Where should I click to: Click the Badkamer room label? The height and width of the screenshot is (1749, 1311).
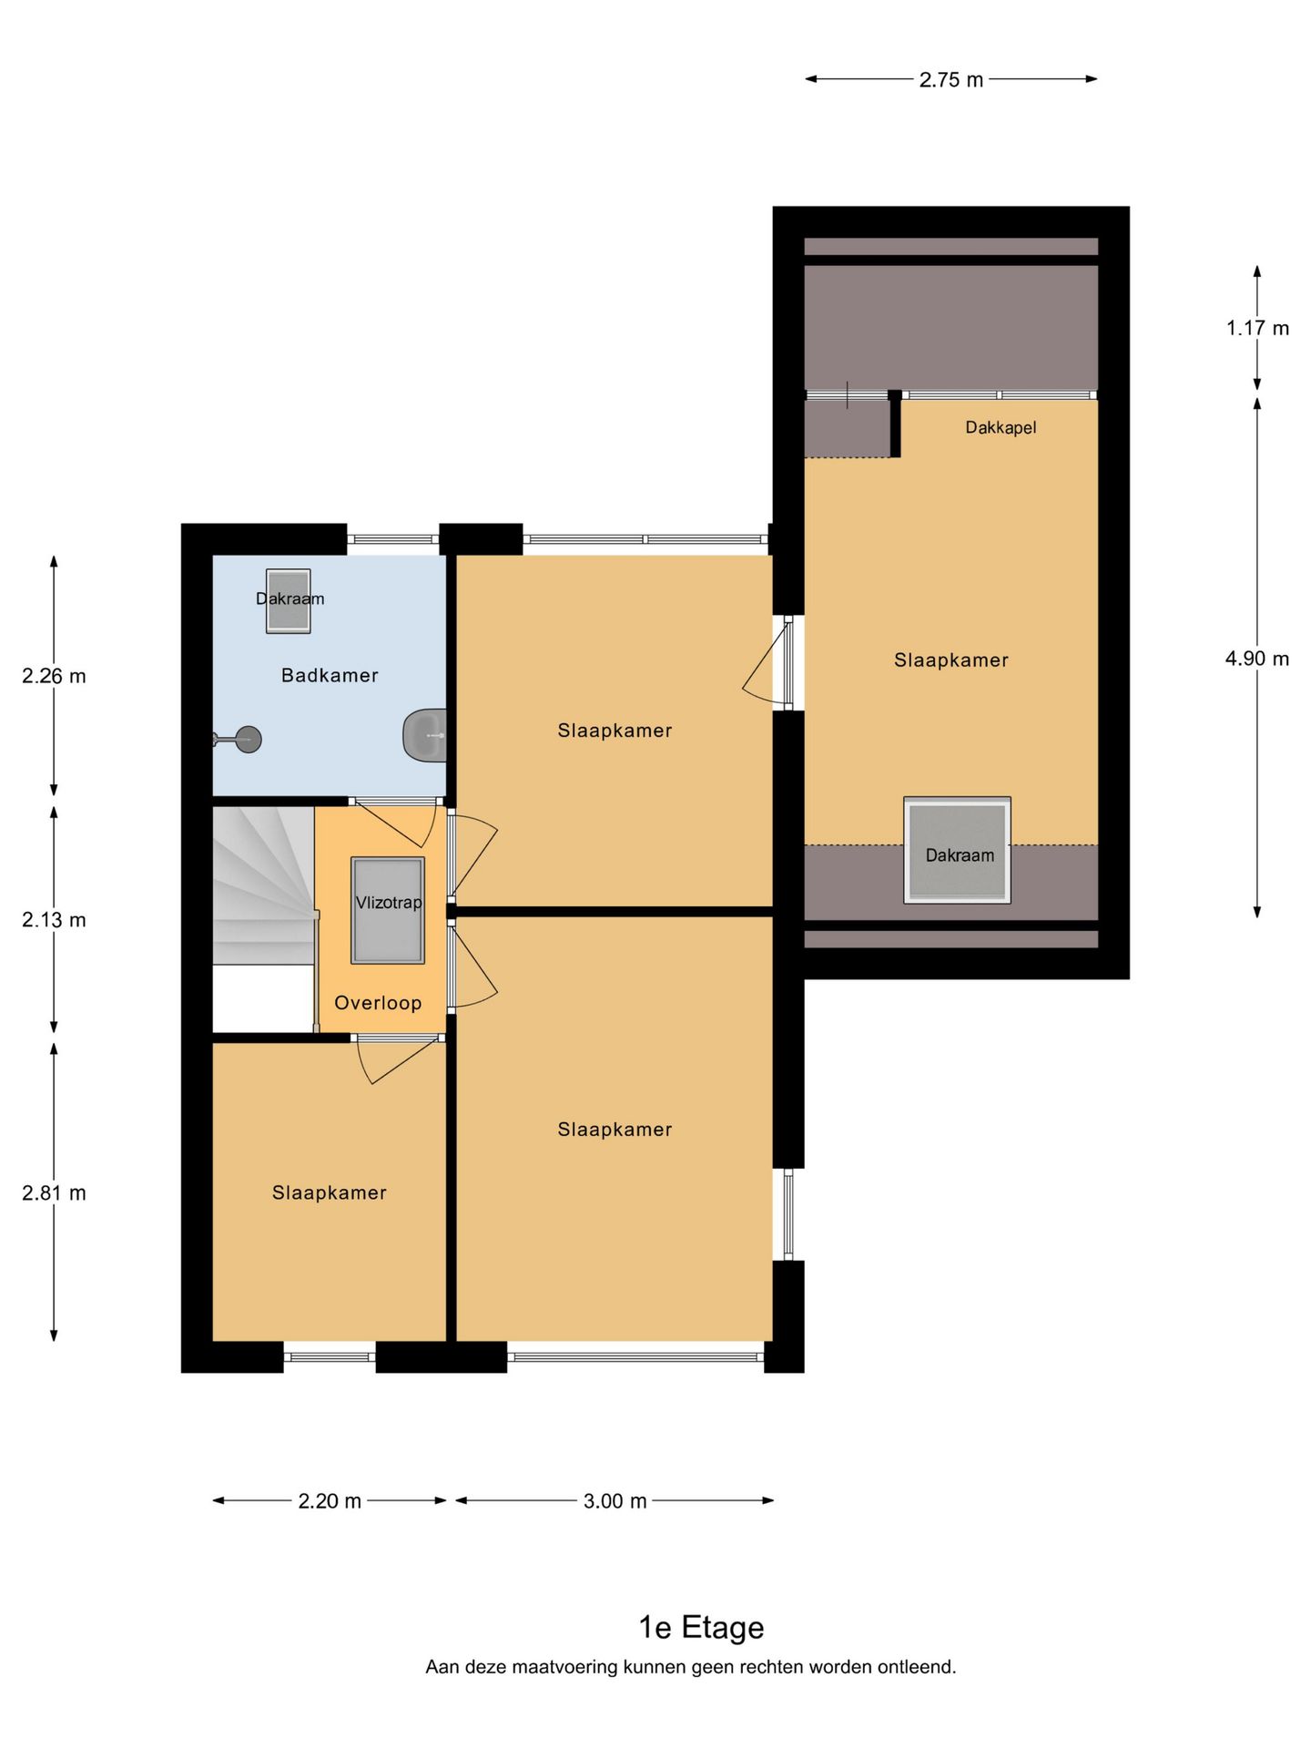pos(330,675)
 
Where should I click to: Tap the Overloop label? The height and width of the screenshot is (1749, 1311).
pos(378,1003)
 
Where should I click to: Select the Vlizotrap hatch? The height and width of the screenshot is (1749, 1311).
pos(388,910)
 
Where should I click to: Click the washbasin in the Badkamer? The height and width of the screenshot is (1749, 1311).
pos(425,734)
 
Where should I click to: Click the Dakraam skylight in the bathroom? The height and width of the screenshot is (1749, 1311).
pos(288,600)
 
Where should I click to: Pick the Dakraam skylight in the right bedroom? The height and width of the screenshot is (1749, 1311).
pos(957,851)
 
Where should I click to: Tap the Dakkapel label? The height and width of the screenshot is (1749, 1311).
pos(1001,427)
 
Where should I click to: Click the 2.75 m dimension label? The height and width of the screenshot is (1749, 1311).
pos(951,79)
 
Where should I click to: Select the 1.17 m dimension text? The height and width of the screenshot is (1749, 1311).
pos(1257,328)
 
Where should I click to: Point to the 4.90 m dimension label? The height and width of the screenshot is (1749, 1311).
pos(1257,659)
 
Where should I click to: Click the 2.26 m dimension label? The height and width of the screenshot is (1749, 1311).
pos(54,676)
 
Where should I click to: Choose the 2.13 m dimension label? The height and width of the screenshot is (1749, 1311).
pos(54,920)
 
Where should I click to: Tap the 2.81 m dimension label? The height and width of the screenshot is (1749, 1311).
pos(54,1193)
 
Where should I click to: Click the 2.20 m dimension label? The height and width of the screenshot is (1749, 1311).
pos(330,1500)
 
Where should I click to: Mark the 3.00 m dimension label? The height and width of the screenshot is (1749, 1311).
pos(615,1500)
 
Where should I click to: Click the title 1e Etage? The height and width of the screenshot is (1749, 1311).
pos(701,1627)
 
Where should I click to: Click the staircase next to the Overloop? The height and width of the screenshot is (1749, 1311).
pos(264,885)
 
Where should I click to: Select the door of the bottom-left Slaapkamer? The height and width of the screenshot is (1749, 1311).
pos(397,1059)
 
